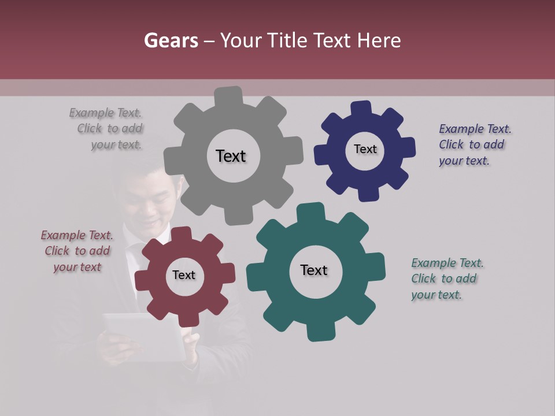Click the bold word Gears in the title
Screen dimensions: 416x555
(170, 40)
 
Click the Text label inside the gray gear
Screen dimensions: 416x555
(231, 156)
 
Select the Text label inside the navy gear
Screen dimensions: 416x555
(365, 149)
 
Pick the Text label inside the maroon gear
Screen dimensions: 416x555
(184, 275)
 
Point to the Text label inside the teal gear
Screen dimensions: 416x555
(314, 270)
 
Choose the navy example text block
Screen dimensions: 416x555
(473, 145)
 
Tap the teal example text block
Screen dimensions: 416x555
(445, 279)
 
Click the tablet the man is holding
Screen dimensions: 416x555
(144, 335)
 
